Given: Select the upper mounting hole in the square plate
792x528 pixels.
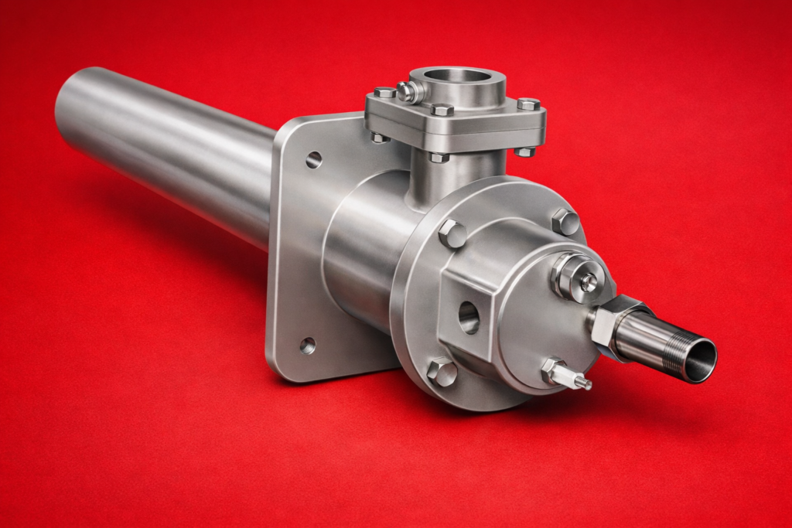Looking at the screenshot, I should click(x=313, y=160).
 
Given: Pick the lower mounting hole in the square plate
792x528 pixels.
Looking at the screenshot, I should click(x=308, y=346).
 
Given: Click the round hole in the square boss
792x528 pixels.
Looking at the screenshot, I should click(x=469, y=317).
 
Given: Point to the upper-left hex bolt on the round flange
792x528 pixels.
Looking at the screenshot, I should click(x=452, y=233).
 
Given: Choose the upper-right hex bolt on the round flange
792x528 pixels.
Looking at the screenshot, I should click(x=565, y=222).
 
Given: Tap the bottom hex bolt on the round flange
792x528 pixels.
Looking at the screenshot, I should click(x=442, y=372).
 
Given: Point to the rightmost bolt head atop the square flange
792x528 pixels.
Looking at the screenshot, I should click(x=528, y=104).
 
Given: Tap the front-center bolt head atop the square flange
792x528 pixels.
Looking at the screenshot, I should click(x=442, y=110).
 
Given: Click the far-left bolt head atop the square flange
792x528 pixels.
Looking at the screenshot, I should click(x=384, y=93).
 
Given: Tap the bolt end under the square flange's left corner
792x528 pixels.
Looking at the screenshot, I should click(x=379, y=138).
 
